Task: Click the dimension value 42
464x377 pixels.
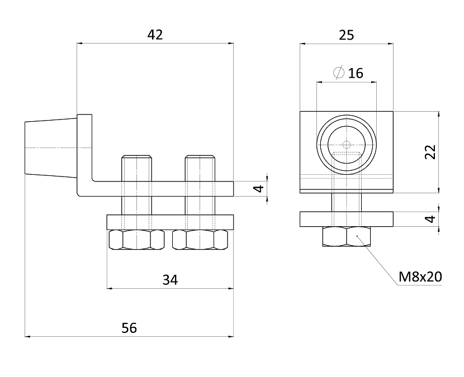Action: (x=155, y=35)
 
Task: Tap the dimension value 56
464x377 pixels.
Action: (x=129, y=328)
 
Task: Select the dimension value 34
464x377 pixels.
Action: (x=170, y=280)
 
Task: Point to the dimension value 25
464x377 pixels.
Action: (x=346, y=35)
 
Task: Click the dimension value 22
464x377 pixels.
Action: (x=430, y=152)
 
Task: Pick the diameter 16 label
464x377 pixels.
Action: (x=348, y=73)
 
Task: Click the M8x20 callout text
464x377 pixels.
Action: (x=420, y=277)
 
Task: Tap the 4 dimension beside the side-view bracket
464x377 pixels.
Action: (x=259, y=189)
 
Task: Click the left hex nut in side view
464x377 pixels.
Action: (x=137, y=240)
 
